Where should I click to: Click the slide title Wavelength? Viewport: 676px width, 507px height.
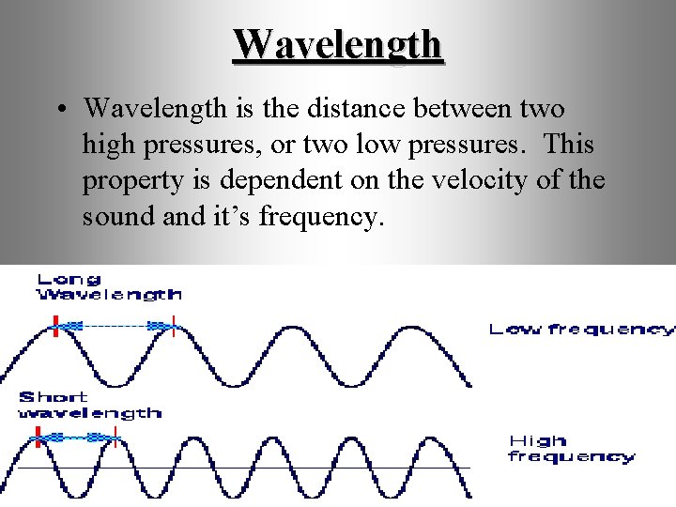[338, 44]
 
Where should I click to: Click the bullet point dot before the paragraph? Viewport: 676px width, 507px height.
[60, 109]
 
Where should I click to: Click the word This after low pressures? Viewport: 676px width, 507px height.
[569, 144]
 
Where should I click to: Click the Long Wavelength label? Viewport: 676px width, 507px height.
[108, 286]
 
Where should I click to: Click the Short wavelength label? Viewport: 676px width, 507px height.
[89, 405]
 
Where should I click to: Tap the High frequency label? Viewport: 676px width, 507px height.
[571, 449]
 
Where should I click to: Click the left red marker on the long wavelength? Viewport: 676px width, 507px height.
[56, 329]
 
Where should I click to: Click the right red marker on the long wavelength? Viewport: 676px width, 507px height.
[174, 327]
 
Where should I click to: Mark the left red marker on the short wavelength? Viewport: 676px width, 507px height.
[38, 436]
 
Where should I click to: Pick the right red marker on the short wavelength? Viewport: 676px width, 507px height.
[115, 436]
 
